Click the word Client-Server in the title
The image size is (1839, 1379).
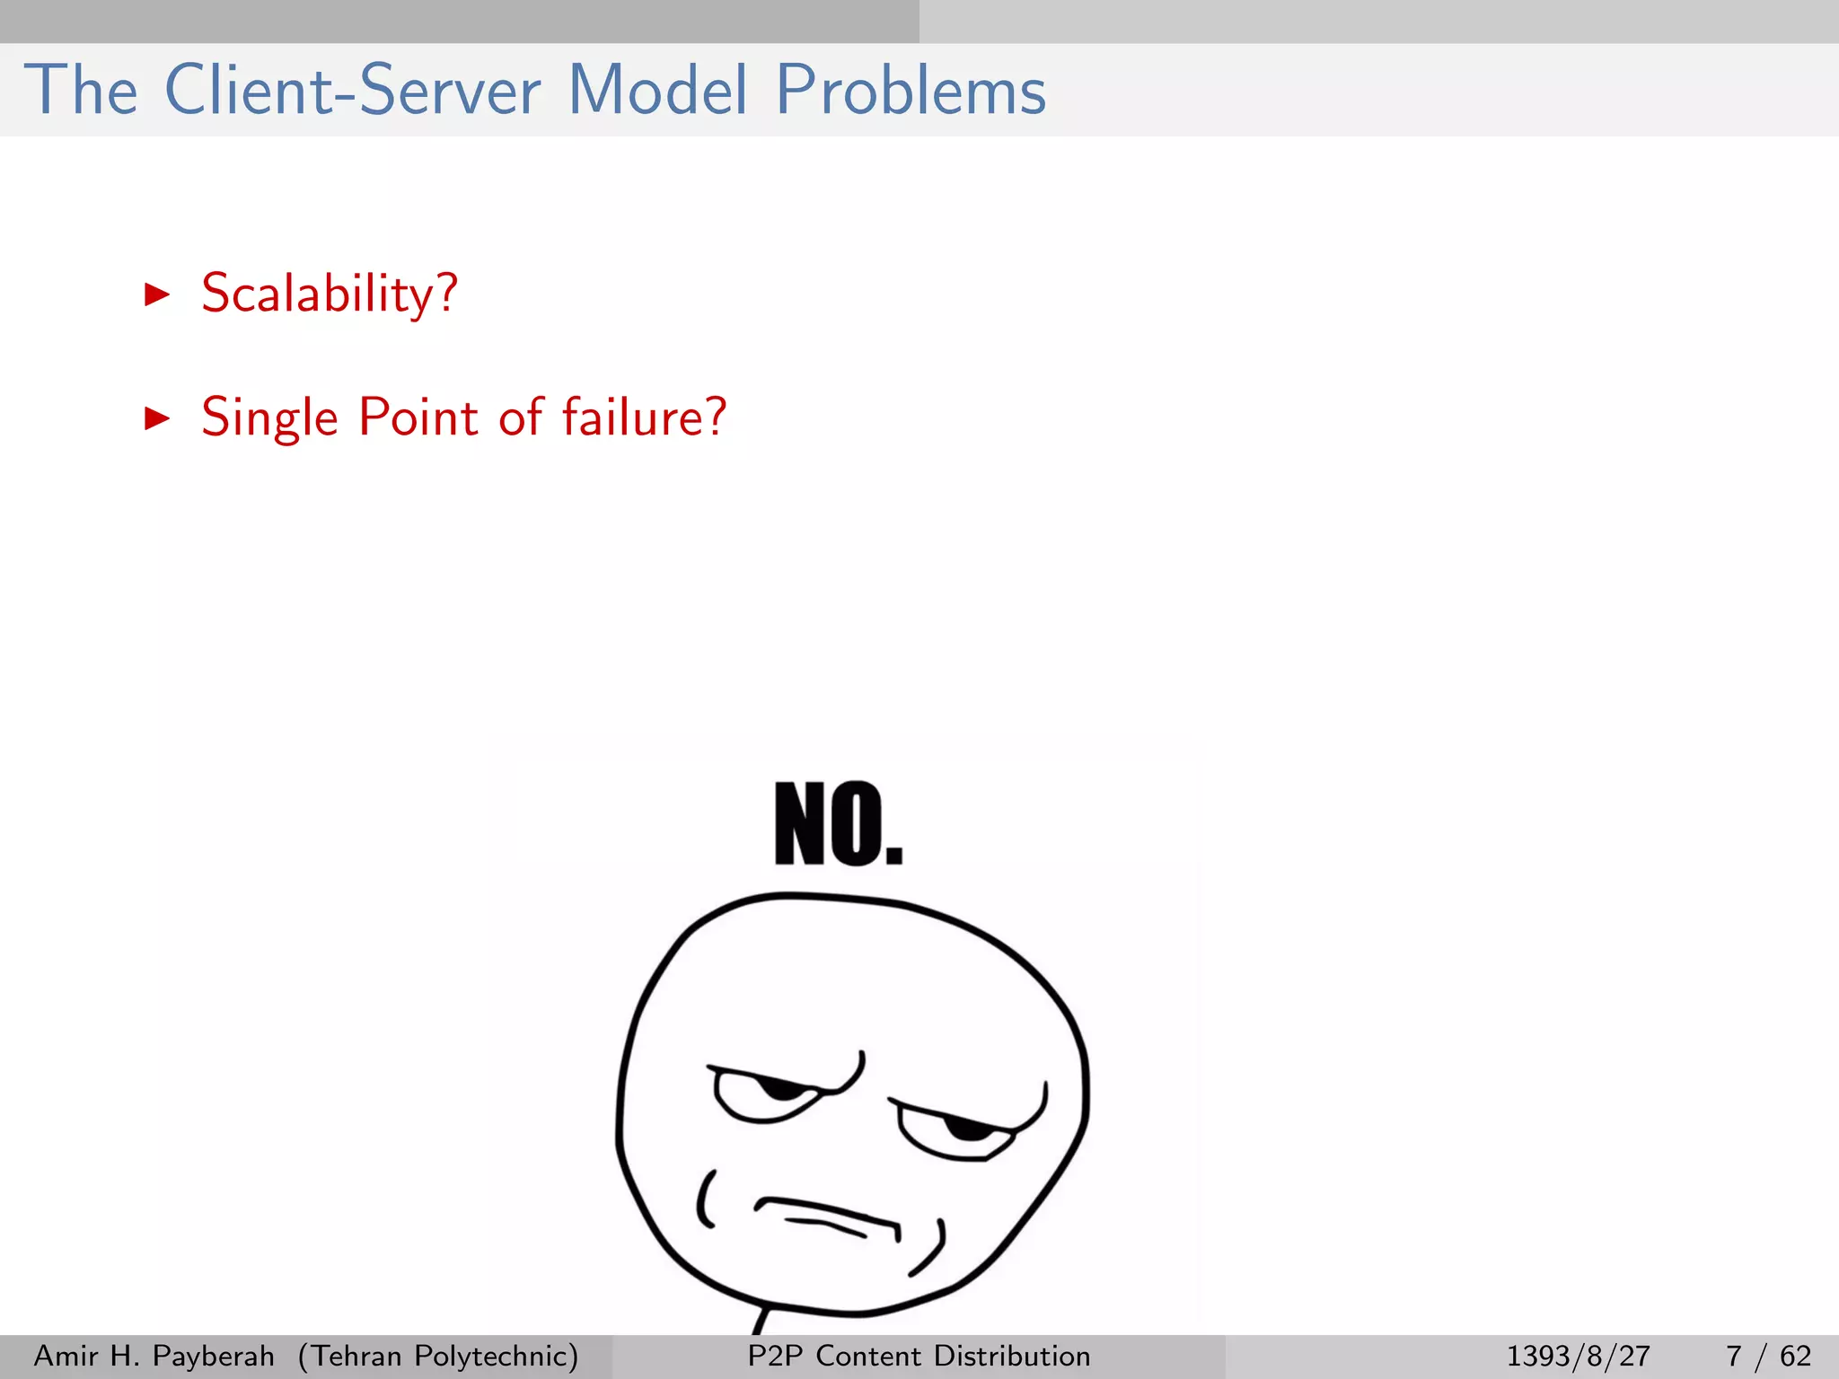353,91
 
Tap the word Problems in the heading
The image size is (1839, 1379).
911,91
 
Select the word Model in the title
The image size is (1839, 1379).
658,91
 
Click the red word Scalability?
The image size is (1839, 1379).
330,294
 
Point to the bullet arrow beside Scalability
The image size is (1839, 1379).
157,294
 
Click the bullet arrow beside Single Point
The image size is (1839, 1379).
157,417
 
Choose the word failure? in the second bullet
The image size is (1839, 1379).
644,417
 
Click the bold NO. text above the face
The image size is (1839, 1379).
839,824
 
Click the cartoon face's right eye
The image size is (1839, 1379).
965,1127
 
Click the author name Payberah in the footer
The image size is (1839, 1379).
214,1356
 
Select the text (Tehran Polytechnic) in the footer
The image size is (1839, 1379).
438,1356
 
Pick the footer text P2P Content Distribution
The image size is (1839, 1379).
919,1356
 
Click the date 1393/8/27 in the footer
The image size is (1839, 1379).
1578,1356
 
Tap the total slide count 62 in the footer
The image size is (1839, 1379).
1795,1356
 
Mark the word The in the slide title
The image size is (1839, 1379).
81,91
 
